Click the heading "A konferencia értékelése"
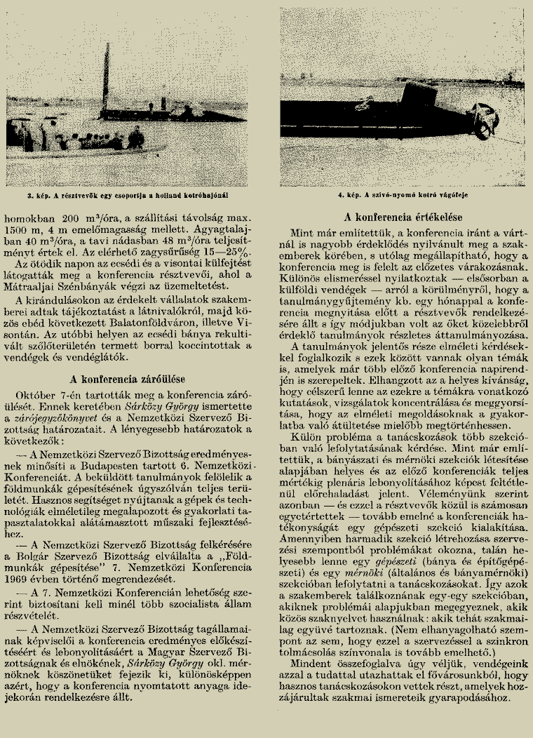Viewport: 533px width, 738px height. [x=403, y=218]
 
